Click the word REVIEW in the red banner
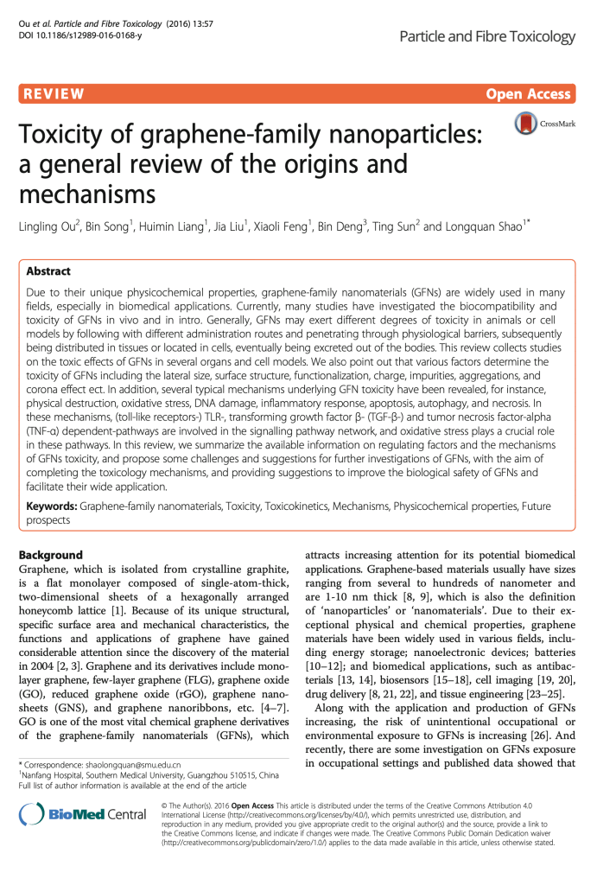tap(54, 94)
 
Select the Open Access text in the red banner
tap(529, 94)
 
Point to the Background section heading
tap(50, 555)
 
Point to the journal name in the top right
tap(487, 36)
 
